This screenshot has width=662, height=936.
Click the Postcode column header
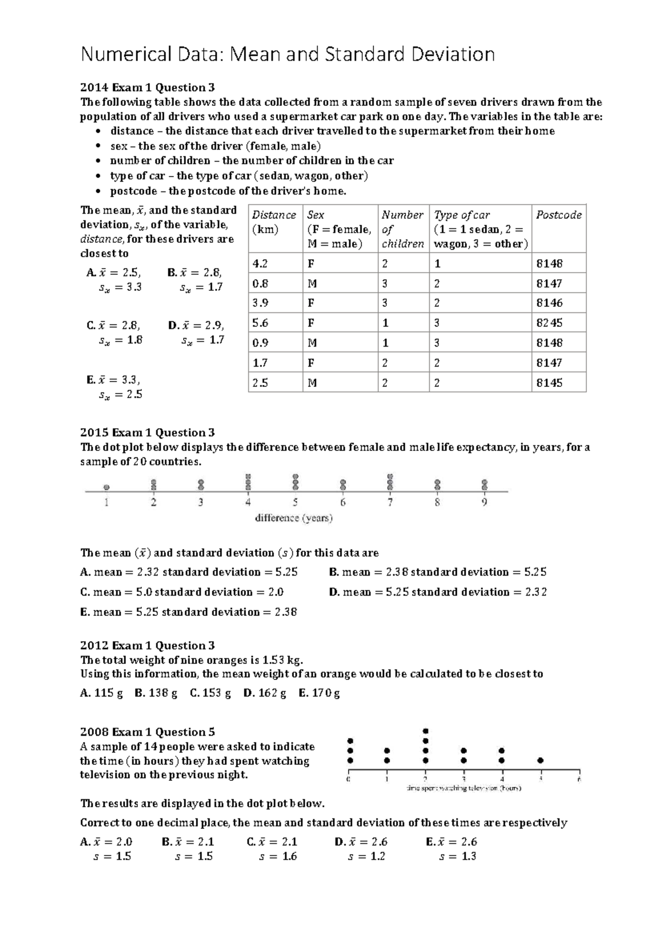point(558,215)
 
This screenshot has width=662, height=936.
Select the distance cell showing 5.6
point(260,323)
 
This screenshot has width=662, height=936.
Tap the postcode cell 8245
point(549,323)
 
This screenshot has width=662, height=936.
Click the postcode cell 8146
point(549,303)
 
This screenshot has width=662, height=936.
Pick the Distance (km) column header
point(274,222)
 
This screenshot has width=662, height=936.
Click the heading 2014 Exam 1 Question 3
point(147,87)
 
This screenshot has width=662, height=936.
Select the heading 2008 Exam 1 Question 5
point(147,732)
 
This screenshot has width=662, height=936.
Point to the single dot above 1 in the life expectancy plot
point(106,487)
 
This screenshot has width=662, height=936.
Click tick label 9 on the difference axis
point(484,503)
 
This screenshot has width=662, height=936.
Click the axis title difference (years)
point(293,518)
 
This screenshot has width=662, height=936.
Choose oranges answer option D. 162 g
point(264,693)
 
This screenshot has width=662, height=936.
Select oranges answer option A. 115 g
point(102,693)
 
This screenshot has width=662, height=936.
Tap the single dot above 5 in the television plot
point(541,761)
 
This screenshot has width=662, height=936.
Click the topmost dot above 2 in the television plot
point(425,731)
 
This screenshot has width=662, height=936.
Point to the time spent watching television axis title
point(463,789)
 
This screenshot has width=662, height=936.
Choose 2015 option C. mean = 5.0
point(181,592)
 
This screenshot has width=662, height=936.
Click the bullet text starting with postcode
point(228,191)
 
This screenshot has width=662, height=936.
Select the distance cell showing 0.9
point(260,343)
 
